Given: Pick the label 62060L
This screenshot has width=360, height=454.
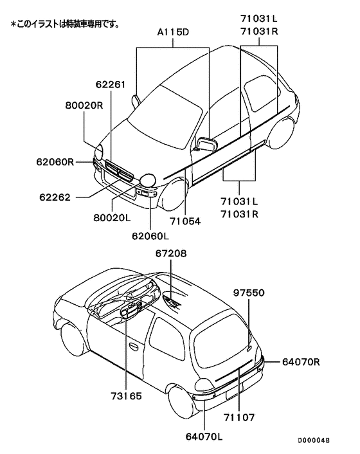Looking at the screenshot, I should pos(151,236).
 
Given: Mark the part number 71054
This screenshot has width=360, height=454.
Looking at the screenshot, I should pos(185,221).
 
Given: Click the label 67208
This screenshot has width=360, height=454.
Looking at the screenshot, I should pos(170,254).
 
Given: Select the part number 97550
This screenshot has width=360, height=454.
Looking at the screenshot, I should pos(249,292).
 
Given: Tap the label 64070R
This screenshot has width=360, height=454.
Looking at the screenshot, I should pos(301,362).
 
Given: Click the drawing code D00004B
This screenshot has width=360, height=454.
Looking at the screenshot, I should pos(313,440).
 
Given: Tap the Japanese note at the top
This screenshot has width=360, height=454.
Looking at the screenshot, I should pos(64,24).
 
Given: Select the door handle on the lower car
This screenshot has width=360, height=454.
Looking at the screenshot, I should pos(133,346).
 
